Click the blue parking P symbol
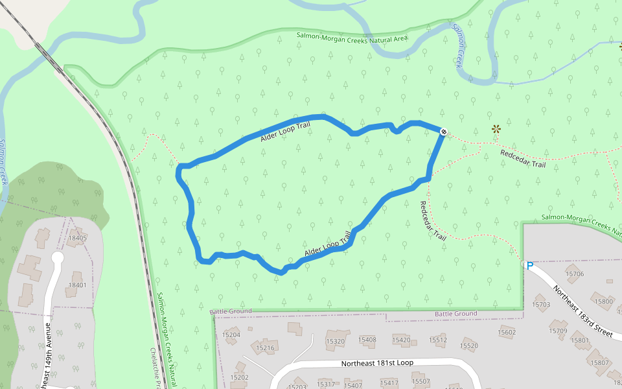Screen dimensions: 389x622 point(529,265)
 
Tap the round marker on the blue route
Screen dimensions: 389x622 point(444,132)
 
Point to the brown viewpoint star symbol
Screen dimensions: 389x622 point(496,129)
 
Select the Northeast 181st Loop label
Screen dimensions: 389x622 point(376,364)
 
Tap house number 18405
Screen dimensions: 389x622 point(77,238)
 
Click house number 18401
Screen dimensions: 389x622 point(77,285)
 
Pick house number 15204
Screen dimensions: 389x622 point(231,335)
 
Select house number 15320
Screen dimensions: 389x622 point(336,341)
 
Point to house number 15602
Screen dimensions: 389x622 point(507,332)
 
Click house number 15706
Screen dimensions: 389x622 point(575,274)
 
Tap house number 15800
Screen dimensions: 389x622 point(603,301)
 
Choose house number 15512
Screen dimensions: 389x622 point(438,340)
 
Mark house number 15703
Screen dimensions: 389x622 point(541,304)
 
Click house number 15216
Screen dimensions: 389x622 point(266,348)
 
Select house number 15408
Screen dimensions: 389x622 point(367,339)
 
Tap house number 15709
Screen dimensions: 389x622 point(559,331)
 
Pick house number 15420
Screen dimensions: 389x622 point(401,340)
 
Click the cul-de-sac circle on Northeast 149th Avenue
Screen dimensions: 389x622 point(57,258)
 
